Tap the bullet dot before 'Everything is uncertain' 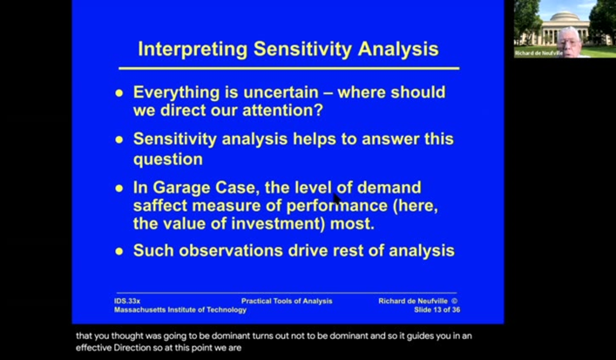click(119, 93)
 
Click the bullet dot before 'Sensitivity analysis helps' click(119, 139)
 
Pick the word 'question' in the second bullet click(167, 160)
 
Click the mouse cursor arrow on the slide click(336, 198)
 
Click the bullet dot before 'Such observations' click(119, 252)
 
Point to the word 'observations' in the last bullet click(225, 251)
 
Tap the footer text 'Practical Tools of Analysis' click(287, 301)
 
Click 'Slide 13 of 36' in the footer click(437, 309)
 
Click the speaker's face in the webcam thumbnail click(566, 37)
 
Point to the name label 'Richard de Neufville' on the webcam click(538, 53)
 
